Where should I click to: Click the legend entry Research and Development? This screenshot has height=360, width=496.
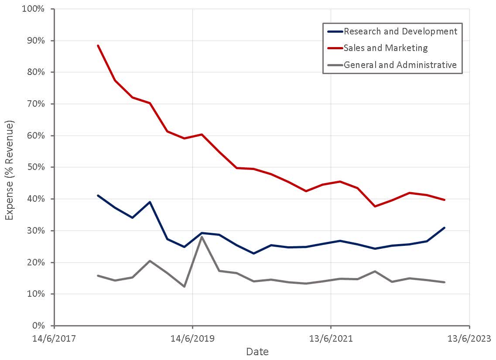pyautogui.click(x=400, y=31)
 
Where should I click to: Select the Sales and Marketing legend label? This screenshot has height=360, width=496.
pyautogui.click(x=386, y=48)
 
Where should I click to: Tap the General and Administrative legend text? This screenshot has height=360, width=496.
pyautogui.click(x=400, y=65)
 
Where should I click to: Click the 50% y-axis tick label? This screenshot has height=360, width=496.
pyautogui.click(x=37, y=167)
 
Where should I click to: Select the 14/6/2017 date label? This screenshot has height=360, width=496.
pyautogui.click(x=54, y=339)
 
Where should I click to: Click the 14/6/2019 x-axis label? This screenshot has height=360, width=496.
pyautogui.click(x=192, y=339)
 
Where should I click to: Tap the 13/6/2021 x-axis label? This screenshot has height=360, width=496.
pyautogui.click(x=331, y=339)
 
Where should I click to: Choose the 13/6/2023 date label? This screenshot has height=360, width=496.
pyautogui.click(x=469, y=339)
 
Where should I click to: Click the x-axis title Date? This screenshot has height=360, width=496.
pyautogui.click(x=257, y=352)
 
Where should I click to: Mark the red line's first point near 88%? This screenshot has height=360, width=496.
pyautogui.click(x=98, y=45)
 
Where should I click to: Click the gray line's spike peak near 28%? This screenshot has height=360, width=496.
pyautogui.click(x=202, y=237)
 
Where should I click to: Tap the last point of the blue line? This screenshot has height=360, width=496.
pyautogui.click(x=444, y=228)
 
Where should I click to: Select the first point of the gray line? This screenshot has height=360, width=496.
pyautogui.click(x=98, y=275)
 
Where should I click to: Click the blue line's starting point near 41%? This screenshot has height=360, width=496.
pyautogui.click(x=98, y=195)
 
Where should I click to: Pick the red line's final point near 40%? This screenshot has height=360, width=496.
pyautogui.click(x=444, y=200)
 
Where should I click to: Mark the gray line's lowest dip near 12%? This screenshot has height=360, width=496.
pyautogui.click(x=184, y=286)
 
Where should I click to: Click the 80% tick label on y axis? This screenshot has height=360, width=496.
pyautogui.click(x=37, y=72)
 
